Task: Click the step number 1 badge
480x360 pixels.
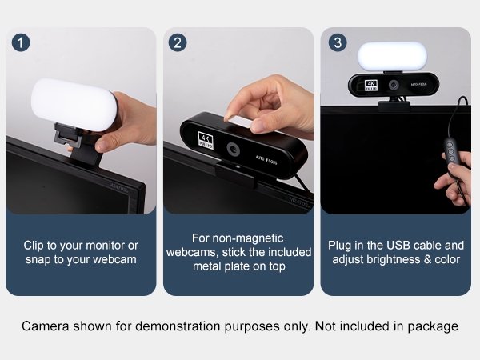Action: pos(21,42)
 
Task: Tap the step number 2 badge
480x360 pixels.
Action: pos(178,42)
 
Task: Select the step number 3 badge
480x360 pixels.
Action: pos(338,42)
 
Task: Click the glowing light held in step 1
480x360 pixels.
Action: pos(74,104)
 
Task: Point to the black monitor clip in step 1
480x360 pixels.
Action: pos(78,144)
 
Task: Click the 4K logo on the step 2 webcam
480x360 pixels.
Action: pos(206,140)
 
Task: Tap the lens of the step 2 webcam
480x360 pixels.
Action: pos(234,150)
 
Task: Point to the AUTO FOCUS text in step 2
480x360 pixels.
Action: pos(266,160)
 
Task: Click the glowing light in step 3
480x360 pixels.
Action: pos(393,56)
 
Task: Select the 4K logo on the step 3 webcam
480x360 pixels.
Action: pos(371,85)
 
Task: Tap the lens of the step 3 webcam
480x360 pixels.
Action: pos(394,85)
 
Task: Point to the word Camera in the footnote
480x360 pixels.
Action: pos(46,326)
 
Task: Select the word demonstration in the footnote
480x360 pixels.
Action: pos(178,326)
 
